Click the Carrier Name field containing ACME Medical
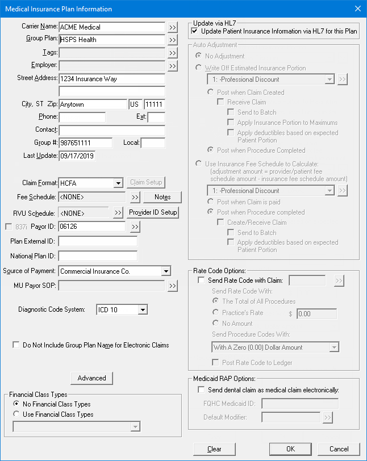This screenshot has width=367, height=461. (111, 27)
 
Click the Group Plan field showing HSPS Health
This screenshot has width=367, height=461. (111, 40)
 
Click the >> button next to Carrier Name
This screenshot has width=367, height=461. (173, 27)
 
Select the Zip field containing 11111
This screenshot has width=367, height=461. (153, 104)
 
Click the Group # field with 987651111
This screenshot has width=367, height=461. (85, 143)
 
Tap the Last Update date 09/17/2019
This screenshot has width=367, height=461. (77, 156)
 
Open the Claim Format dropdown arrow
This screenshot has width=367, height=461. (118, 183)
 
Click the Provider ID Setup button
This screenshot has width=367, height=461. (153, 212)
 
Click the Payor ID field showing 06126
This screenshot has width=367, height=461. (91, 227)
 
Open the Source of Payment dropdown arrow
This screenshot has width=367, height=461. (166, 271)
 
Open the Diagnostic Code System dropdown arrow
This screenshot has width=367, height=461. (142, 310)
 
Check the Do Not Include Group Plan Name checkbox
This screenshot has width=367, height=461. (16, 345)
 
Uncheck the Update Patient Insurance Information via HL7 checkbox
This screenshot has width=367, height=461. (195, 31)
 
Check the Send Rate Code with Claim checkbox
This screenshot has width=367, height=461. (201, 280)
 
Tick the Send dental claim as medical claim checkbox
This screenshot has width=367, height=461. (201, 390)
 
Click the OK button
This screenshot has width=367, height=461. (290, 449)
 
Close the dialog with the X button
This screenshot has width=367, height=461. (357, 9)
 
